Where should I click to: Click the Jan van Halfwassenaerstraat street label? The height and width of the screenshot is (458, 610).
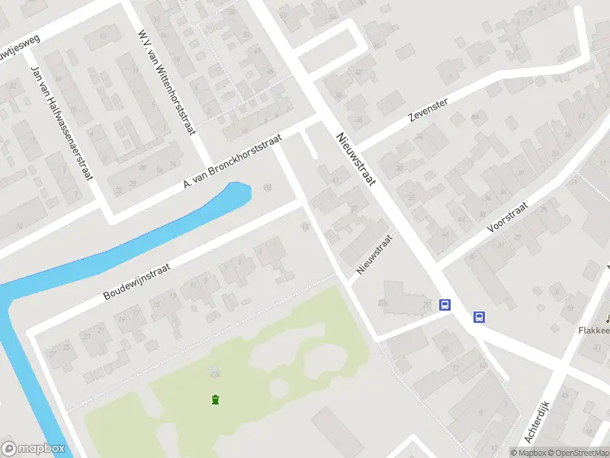coord(59,122)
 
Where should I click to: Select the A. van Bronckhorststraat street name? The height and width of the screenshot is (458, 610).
coord(233,163)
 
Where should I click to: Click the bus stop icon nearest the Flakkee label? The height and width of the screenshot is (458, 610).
coord(480,317)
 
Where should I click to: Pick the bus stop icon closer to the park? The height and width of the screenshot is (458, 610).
coord(445,305)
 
